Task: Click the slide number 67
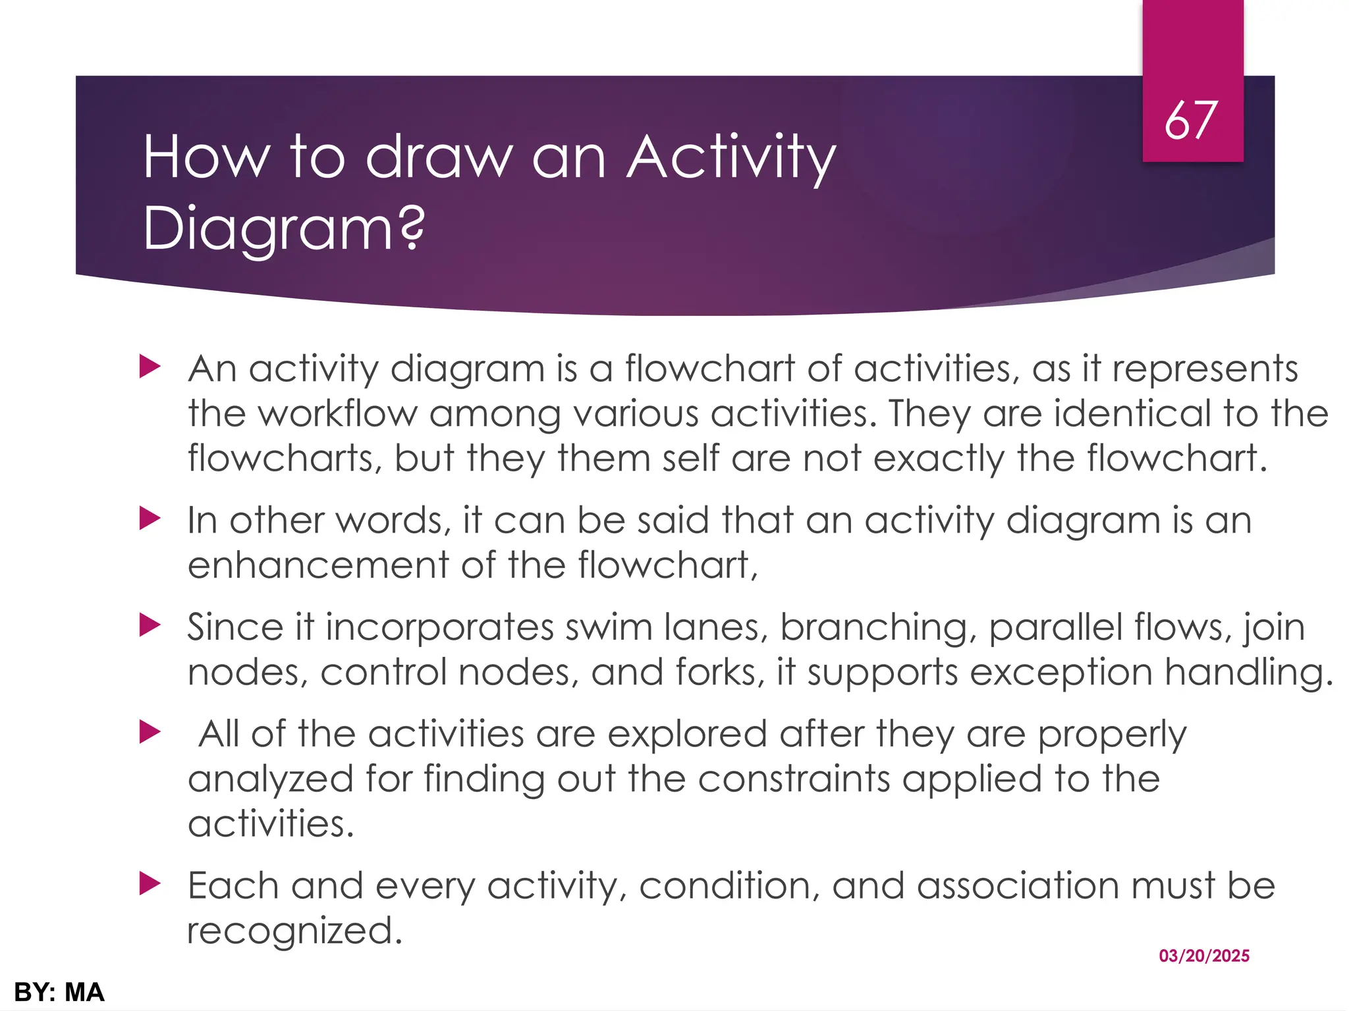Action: tap(1191, 121)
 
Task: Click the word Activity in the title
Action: tap(730, 158)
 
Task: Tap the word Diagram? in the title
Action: tap(283, 229)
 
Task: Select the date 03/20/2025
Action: tap(1204, 956)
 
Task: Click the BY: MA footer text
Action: tap(59, 992)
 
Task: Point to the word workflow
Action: tap(337, 414)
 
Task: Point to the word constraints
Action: tap(794, 779)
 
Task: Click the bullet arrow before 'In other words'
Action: tap(150, 519)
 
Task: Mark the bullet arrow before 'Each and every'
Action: tap(150, 885)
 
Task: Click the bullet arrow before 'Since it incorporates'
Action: tap(150, 626)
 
